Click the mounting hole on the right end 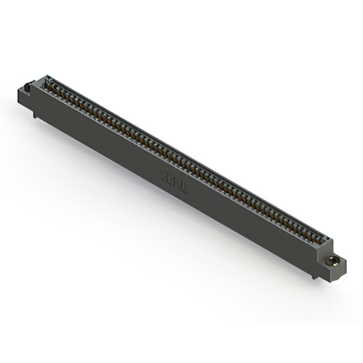pos(335,261)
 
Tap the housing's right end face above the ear pos(328,247)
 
